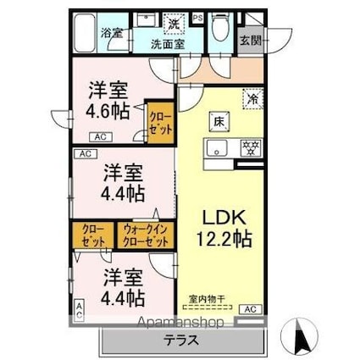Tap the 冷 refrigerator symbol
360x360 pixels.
coord(252,98)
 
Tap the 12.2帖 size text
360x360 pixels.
coord(219,239)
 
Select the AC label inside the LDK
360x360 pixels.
coord(251,310)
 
